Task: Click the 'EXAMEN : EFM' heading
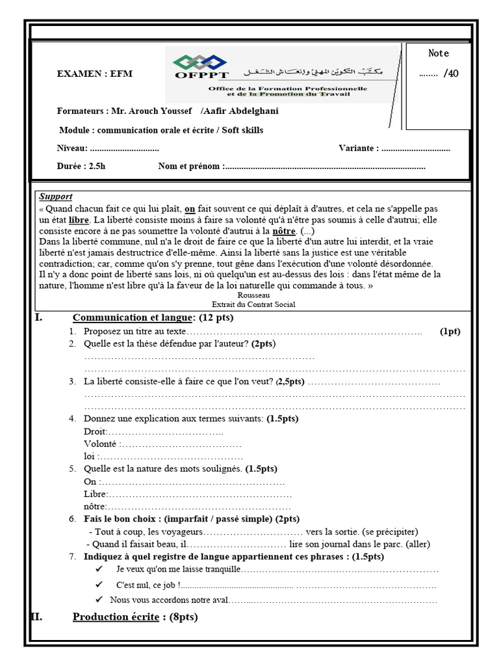pyautogui.click(x=94, y=74)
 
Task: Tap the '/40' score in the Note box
pyautogui.click(x=451, y=73)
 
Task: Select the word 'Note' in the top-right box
pyautogui.click(x=439, y=53)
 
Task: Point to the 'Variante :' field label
pyautogui.click(x=359, y=148)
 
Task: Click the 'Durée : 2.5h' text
pyautogui.click(x=81, y=166)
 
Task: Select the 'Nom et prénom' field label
pyautogui.click(x=190, y=166)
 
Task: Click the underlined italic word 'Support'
pyautogui.click(x=56, y=196)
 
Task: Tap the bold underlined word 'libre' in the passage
pyautogui.click(x=78, y=220)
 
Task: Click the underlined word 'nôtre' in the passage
pyautogui.click(x=284, y=232)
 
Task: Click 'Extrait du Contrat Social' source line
pyautogui.click(x=253, y=304)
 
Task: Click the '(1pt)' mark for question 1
pyautogui.click(x=450, y=332)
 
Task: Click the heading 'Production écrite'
pyautogui.click(x=116, y=617)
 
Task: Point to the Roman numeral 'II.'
pyautogui.click(x=37, y=617)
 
